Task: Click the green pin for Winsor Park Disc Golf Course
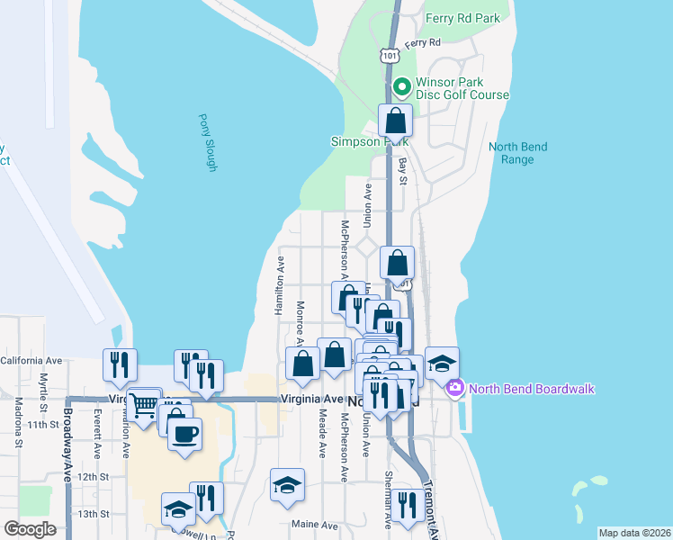(x=402, y=87)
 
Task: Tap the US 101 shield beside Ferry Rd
(x=389, y=56)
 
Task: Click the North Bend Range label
(x=517, y=153)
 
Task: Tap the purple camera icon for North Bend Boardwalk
(x=454, y=389)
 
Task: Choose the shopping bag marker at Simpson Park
(x=395, y=121)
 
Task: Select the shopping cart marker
(x=144, y=405)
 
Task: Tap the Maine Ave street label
(x=314, y=524)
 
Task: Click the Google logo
(x=31, y=529)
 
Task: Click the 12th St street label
(x=93, y=476)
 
